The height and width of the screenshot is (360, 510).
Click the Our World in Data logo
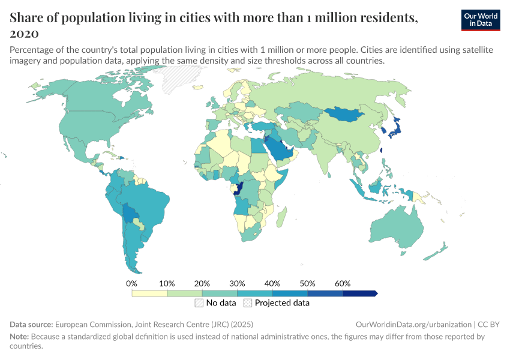[481, 20]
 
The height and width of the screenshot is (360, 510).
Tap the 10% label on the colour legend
[167, 283]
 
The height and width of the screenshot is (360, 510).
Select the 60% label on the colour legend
[343, 283]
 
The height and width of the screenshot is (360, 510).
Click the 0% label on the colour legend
[132, 283]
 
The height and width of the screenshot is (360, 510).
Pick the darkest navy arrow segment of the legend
[360, 293]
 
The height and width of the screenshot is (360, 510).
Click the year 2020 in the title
[25, 32]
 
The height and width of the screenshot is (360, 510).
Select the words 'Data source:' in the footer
[31, 324]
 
